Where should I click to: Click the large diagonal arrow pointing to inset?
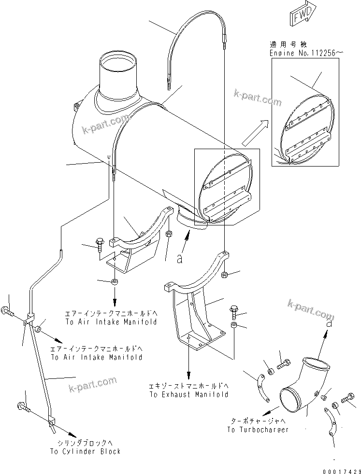click(253, 133)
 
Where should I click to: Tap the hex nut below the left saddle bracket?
click(115, 282)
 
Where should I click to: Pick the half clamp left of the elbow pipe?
click(262, 386)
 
